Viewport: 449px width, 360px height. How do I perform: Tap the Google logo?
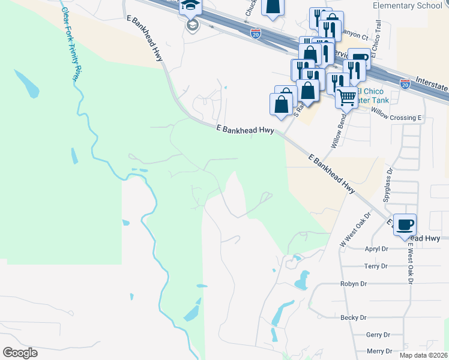tap(20, 353)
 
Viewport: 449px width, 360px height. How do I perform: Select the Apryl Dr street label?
tap(378, 248)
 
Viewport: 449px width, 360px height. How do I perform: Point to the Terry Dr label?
tap(377, 266)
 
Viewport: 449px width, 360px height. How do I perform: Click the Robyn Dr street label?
tap(354, 283)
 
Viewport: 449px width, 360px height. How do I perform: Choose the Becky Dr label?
tap(354, 317)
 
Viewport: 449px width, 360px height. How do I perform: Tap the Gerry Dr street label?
tap(378, 335)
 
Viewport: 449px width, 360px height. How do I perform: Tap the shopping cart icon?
tap(346, 96)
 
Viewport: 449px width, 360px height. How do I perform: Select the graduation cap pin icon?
tap(191, 6)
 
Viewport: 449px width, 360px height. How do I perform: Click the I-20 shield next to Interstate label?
tap(405, 84)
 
